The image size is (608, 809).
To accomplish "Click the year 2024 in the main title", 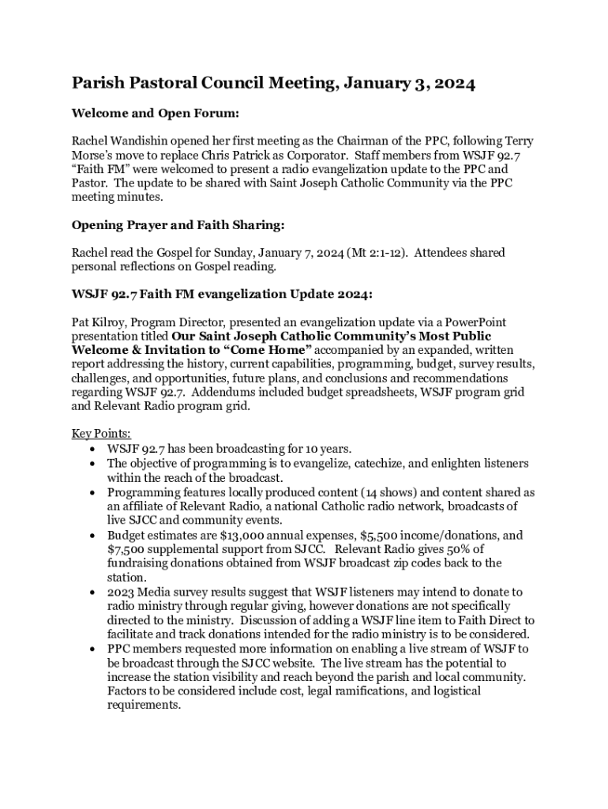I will click(x=452, y=84).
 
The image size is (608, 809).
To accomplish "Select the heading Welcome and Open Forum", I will click(x=156, y=113).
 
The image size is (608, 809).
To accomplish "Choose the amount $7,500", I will click(x=129, y=549).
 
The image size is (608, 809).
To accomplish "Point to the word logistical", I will click(x=445, y=691).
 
